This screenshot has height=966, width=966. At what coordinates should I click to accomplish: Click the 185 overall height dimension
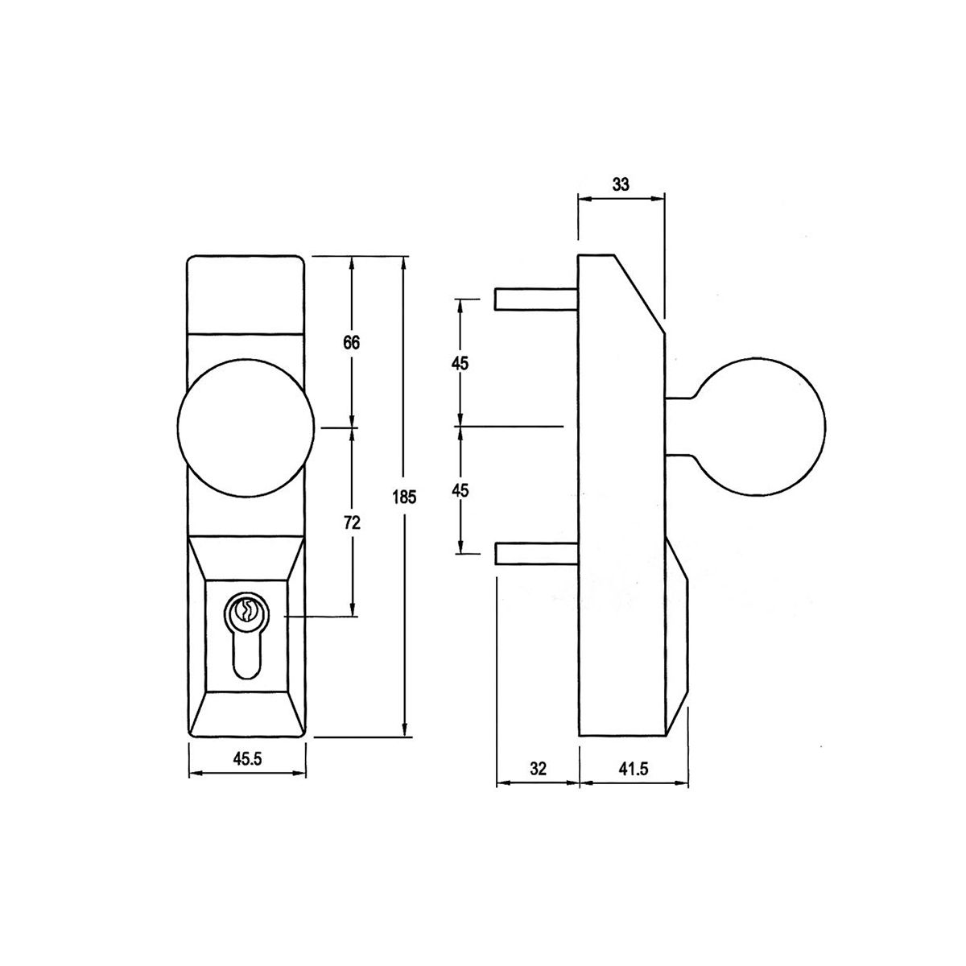(405, 497)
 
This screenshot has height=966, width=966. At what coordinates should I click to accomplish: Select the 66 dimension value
(352, 343)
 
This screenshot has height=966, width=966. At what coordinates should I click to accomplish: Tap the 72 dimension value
(353, 523)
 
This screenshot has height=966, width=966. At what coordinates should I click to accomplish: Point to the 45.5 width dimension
(247, 759)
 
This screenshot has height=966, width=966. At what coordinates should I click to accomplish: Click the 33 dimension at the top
(621, 185)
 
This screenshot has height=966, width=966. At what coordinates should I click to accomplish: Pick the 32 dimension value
(538, 769)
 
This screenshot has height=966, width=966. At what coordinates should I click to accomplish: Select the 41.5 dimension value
(634, 769)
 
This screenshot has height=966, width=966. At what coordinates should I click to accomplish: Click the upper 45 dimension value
(460, 363)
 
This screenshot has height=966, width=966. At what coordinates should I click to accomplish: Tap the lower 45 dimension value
(460, 491)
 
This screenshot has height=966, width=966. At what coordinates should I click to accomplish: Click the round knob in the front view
(246, 427)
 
